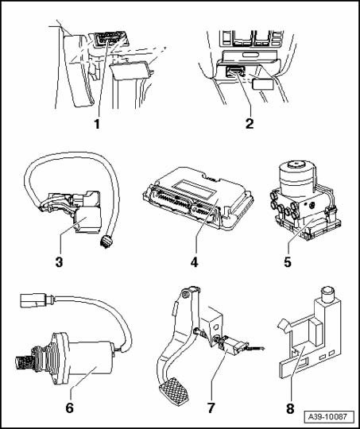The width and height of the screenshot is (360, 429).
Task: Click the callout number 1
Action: (97, 124)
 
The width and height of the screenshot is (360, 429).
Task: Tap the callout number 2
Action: (250, 123)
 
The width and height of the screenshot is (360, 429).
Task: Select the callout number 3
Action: (59, 262)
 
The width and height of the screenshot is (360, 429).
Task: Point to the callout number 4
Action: (194, 262)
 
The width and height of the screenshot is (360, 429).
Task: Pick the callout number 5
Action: (288, 262)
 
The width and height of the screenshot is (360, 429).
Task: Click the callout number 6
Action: (69, 408)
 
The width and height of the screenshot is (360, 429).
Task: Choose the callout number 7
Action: (211, 408)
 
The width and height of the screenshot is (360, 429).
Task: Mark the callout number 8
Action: (290, 409)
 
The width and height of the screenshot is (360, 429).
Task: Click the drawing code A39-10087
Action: (327, 417)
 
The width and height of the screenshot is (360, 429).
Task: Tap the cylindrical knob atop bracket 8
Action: (327, 294)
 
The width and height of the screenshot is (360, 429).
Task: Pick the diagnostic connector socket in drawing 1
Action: (107, 39)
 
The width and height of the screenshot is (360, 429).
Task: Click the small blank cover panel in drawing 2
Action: (263, 83)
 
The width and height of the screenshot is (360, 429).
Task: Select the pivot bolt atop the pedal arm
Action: (185, 295)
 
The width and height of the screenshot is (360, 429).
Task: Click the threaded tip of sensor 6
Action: (22, 363)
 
